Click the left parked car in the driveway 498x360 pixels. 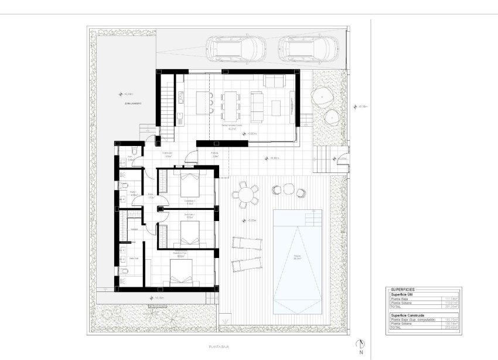coord(236,49)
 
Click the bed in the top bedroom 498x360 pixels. coord(190,186)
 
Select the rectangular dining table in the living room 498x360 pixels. coord(230,103)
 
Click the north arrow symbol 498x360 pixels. coord(361,344)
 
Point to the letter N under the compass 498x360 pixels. coord(361,353)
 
